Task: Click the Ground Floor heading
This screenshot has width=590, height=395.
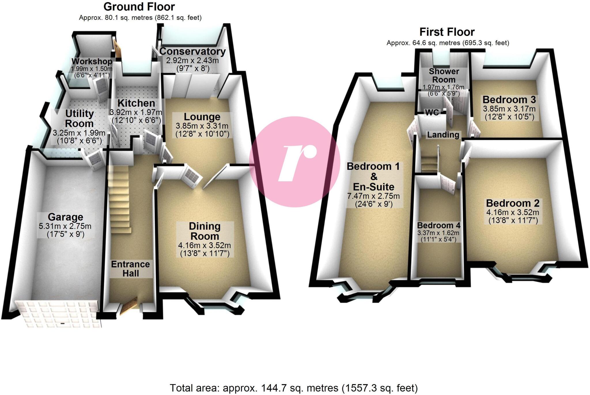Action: coord(139,7)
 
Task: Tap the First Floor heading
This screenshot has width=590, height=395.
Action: coord(447,32)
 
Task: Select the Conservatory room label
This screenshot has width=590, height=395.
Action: coord(192,51)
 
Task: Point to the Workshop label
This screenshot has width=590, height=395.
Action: coord(92,61)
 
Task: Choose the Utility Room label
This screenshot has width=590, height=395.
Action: coord(79,119)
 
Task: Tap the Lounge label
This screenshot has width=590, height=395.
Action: coord(202,117)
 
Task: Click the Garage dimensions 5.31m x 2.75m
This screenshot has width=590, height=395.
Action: coord(65,226)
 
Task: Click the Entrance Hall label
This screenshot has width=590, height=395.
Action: coord(131,269)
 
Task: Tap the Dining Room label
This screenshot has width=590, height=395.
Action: coord(205,231)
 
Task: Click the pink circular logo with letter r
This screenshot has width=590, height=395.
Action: coord(294,162)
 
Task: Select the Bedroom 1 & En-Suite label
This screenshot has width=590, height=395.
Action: coord(373,176)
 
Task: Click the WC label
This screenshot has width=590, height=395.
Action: coord(432,112)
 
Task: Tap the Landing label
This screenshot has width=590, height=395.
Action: coord(443,135)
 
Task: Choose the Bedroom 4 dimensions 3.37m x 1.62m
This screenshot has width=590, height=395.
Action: coord(438,233)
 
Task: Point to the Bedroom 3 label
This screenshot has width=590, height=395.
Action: coord(509,100)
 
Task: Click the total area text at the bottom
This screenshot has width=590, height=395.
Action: coord(294,388)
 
